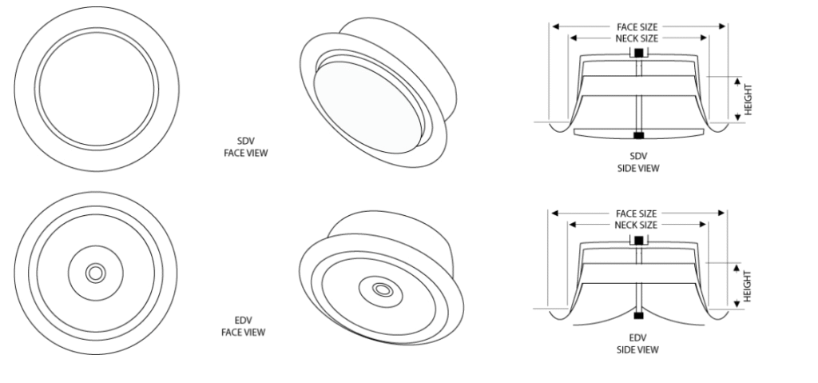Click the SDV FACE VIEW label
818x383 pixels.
246,147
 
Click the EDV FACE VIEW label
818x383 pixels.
244,326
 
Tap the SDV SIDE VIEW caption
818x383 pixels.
638,162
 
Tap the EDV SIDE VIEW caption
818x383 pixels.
637,344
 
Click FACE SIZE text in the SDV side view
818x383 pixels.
637,26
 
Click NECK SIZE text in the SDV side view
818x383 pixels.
637,38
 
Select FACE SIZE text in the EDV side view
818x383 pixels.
637,213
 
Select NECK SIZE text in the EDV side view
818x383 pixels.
636,225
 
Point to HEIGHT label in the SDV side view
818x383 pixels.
749,99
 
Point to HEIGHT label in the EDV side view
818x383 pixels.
747,285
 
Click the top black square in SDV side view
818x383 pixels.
638,53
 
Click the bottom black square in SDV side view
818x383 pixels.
638,136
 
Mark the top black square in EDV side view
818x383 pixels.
638,241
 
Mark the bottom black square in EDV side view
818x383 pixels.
638,316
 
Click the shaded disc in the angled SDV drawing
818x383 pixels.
367,108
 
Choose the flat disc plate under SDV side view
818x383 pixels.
639,134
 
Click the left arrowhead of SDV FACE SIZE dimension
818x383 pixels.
556,26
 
